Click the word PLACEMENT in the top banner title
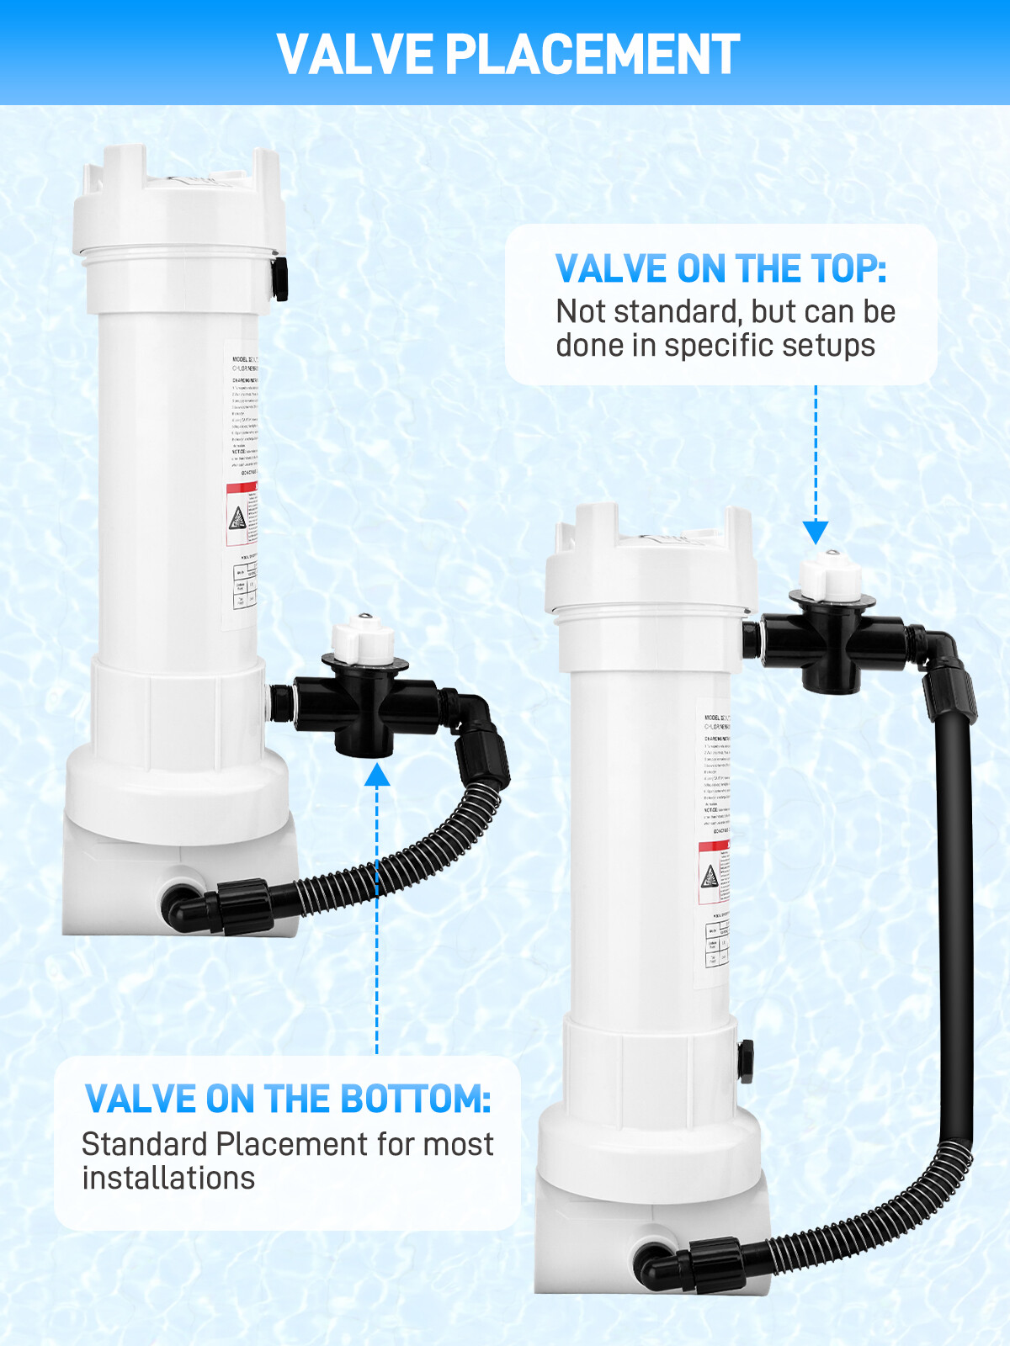[x=592, y=55]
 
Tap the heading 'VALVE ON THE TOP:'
[x=720, y=269]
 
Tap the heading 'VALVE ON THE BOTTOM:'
[x=288, y=1099]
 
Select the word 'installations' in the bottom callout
[x=168, y=1179]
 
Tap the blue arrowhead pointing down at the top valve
[x=815, y=532]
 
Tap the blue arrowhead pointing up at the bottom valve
[x=377, y=774]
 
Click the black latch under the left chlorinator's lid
[x=279, y=278]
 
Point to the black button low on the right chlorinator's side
[x=745, y=1062]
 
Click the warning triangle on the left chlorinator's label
[x=238, y=517]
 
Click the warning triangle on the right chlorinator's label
[x=710, y=877]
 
